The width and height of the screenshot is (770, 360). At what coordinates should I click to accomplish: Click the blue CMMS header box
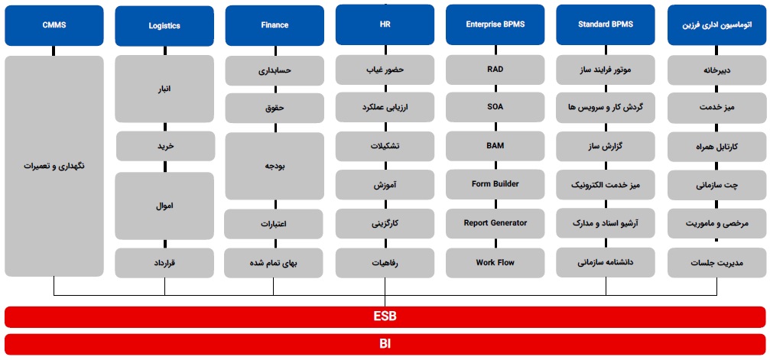click(54, 25)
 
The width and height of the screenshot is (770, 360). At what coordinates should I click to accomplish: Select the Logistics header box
click(164, 26)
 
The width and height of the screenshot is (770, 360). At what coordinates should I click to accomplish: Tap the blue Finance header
click(275, 25)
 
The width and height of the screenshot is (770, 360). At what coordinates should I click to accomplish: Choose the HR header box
click(385, 24)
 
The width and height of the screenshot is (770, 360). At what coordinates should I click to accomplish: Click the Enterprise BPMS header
click(495, 24)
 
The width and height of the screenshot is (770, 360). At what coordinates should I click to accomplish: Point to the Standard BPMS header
click(606, 24)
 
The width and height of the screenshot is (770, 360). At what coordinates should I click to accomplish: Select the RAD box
click(495, 70)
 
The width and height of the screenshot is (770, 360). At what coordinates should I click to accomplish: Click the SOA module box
click(495, 108)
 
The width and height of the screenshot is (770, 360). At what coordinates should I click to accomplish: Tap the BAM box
click(495, 146)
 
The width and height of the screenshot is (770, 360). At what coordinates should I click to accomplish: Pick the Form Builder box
click(495, 185)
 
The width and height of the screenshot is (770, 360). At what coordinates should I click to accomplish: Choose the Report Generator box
click(495, 223)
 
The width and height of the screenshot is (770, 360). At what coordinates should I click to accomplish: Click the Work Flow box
click(495, 263)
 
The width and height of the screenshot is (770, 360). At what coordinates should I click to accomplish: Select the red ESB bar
click(385, 316)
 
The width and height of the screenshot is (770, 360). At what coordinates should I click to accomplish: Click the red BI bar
click(385, 344)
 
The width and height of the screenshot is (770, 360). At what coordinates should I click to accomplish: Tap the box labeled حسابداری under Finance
click(275, 71)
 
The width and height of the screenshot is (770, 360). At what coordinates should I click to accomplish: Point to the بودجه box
click(275, 166)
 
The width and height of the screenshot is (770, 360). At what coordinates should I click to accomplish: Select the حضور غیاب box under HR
click(385, 70)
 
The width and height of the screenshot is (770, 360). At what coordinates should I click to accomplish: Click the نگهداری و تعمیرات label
click(54, 166)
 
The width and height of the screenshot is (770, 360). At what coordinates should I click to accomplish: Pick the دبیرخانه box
click(716, 70)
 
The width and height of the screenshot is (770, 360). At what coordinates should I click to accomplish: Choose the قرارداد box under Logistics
click(164, 263)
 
